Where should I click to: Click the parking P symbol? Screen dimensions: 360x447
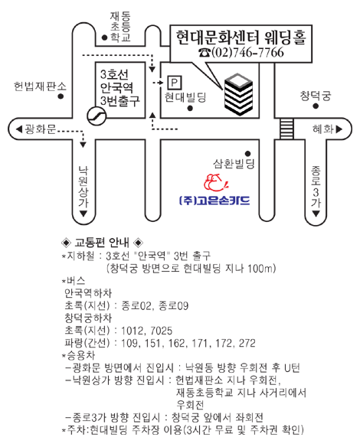click(175, 83)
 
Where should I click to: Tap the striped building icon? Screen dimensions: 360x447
click(238, 94)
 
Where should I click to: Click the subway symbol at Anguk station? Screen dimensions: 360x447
click(97, 116)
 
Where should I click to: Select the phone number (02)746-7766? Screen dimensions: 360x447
click(241, 53)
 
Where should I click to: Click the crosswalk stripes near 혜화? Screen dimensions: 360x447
click(286, 129)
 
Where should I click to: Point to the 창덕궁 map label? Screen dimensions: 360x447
click(316, 96)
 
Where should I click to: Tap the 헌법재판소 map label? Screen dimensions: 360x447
click(40, 86)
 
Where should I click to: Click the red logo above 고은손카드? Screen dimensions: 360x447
click(217, 183)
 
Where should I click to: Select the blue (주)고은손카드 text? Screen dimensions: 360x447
click(214, 200)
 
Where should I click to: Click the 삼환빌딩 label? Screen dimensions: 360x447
click(234, 164)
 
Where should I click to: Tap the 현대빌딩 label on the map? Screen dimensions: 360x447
click(185, 97)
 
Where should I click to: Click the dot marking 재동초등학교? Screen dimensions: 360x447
click(105, 38)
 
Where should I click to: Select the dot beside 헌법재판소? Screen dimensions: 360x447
click(61, 96)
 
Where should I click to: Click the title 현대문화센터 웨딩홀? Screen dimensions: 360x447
click(241, 37)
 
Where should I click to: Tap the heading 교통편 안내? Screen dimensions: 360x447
click(102, 243)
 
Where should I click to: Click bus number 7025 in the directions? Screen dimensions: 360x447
click(161, 331)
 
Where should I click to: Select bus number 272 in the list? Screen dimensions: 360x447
click(247, 343)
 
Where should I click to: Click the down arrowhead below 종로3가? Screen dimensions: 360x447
click(316, 214)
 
